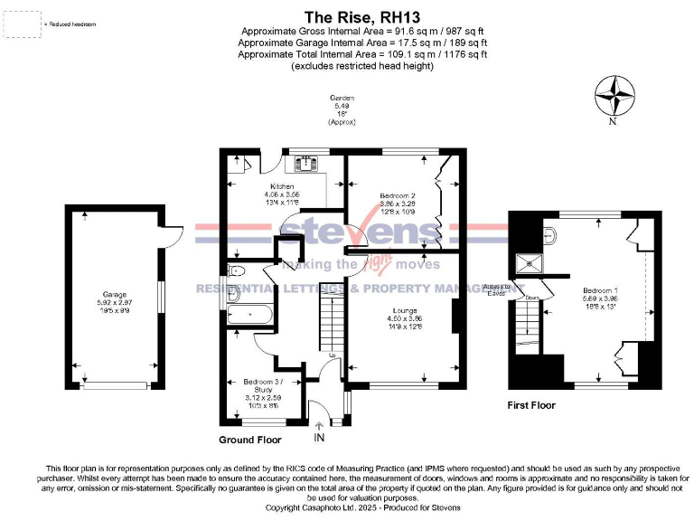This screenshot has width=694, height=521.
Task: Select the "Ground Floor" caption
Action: pyautogui.click(x=249, y=440)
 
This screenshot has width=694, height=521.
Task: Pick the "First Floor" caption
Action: pyautogui.click(x=531, y=405)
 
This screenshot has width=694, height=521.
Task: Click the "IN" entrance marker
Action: pyautogui.click(x=318, y=439)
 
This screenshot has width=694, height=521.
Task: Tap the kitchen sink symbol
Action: pyautogui.click(x=302, y=163)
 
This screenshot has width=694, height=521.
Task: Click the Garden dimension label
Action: pyautogui.click(x=342, y=109)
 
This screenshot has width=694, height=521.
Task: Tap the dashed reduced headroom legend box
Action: pyautogui.click(x=23, y=24)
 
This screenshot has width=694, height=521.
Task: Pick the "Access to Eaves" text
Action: pyautogui.click(x=496, y=289)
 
